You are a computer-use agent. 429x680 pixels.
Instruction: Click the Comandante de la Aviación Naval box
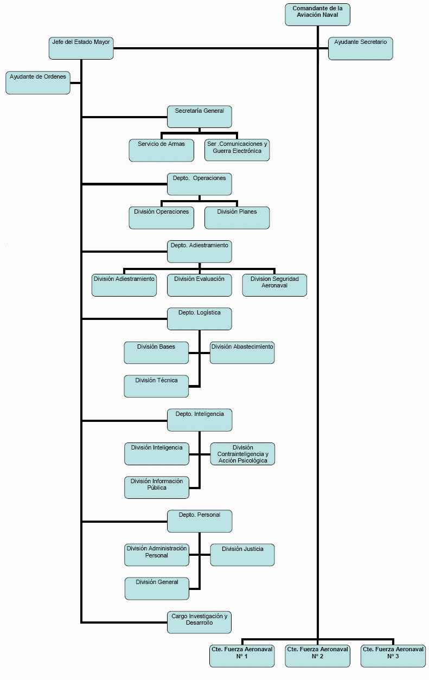click(317, 15)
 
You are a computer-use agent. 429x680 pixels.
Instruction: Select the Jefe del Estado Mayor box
click(81, 48)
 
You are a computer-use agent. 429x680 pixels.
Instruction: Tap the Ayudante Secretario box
click(361, 48)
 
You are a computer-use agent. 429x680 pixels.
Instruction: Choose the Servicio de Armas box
click(161, 150)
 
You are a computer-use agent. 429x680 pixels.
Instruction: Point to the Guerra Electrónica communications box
click(237, 150)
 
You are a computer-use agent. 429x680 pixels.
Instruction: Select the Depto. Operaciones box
click(199, 184)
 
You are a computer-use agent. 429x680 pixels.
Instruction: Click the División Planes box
click(237, 217)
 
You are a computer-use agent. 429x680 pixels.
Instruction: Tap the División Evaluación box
click(199, 285)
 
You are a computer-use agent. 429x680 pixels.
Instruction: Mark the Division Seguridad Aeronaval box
click(274, 285)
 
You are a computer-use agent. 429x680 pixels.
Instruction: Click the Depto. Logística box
click(199, 319)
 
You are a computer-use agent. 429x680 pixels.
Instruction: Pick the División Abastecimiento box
click(242, 352)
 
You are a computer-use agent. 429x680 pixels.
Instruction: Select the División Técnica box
click(156, 386)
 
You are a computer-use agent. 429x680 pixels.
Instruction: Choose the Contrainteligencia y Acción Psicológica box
click(242, 454)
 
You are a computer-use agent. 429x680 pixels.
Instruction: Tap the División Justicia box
click(242, 555)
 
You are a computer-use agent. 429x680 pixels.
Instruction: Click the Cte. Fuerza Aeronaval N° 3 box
click(393, 656)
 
